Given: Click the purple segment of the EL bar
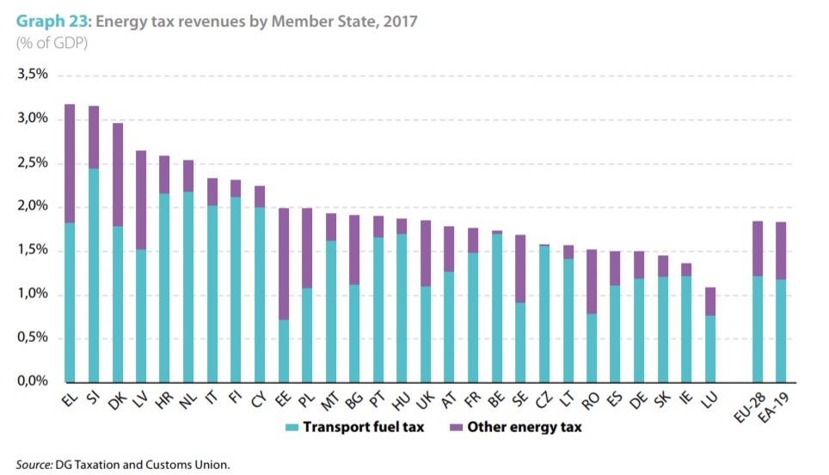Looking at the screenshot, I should (x=71, y=163).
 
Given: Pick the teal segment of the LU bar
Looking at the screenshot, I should (x=709, y=349).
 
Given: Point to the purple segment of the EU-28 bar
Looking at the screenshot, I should (x=758, y=248).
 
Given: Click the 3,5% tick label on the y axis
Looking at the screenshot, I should (x=32, y=75).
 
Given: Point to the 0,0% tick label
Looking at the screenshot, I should (x=32, y=382).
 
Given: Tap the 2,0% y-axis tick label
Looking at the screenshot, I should (x=32, y=206).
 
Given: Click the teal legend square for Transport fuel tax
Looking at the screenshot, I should (x=290, y=427).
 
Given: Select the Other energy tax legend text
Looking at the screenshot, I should (x=524, y=427).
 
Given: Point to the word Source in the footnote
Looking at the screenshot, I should (x=34, y=464).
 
